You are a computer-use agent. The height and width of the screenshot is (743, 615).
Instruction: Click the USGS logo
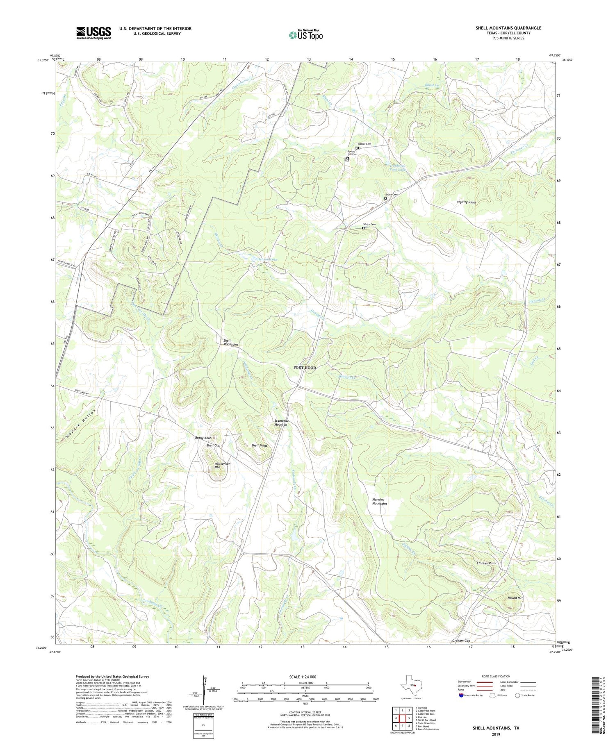click(x=93, y=33)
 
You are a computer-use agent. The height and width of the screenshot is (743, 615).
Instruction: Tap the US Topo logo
click(x=305, y=35)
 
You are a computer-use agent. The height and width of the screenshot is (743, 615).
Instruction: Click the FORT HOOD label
click(x=305, y=368)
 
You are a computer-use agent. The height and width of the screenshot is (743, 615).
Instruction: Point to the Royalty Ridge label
click(x=467, y=202)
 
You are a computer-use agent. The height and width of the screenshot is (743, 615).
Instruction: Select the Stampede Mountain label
click(x=281, y=423)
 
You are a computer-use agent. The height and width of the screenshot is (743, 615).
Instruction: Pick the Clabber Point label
click(x=486, y=563)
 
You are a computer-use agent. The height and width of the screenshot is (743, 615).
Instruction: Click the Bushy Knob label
click(x=203, y=438)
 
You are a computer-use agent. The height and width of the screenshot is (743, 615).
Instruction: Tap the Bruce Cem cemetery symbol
click(x=385, y=198)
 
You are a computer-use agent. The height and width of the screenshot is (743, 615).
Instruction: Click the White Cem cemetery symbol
click(x=363, y=228)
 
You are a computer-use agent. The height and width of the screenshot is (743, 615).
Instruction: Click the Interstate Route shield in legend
click(x=461, y=695)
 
